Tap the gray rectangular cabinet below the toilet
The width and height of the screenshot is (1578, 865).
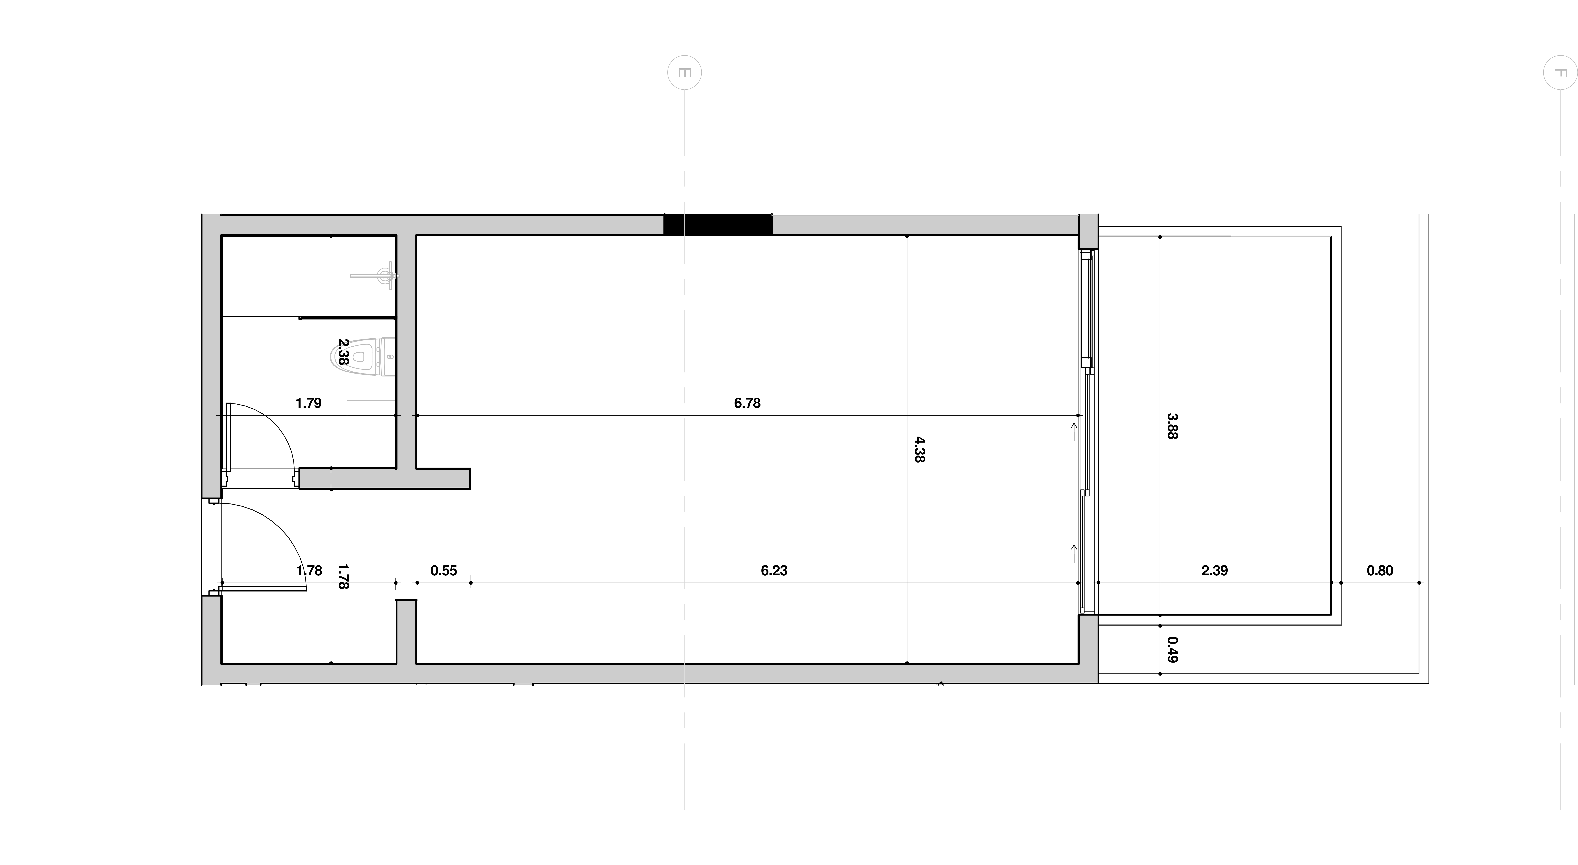click(370, 440)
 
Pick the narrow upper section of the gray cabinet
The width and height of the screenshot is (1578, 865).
click(370, 407)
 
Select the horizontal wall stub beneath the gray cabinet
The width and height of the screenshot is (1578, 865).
click(384, 478)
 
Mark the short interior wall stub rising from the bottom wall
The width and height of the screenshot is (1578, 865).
click(406, 632)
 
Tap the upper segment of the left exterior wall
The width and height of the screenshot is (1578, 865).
click(211, 355)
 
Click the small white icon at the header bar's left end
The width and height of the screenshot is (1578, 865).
click(686, 73)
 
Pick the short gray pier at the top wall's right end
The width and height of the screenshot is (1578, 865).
click(1088, 231)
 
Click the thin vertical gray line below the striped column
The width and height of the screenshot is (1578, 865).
click(684, 777)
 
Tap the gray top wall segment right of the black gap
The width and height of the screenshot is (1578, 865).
click(925, 225)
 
